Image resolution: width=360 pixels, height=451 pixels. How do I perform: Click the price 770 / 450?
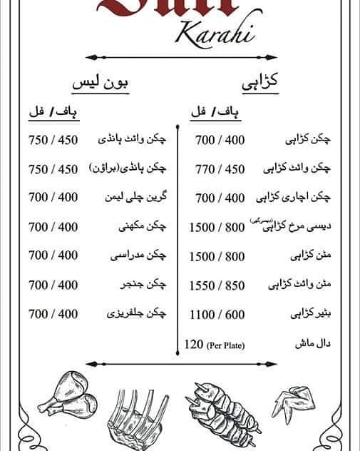(x=220, y=169)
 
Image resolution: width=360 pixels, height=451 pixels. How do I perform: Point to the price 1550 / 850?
(x=217, y=285)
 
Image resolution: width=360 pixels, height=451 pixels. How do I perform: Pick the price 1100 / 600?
(x=217, y=314)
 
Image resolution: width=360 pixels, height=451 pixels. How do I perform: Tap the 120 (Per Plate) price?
(x=215, y=345)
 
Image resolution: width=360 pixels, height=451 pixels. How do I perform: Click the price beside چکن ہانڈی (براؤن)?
(x=53, y=168)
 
